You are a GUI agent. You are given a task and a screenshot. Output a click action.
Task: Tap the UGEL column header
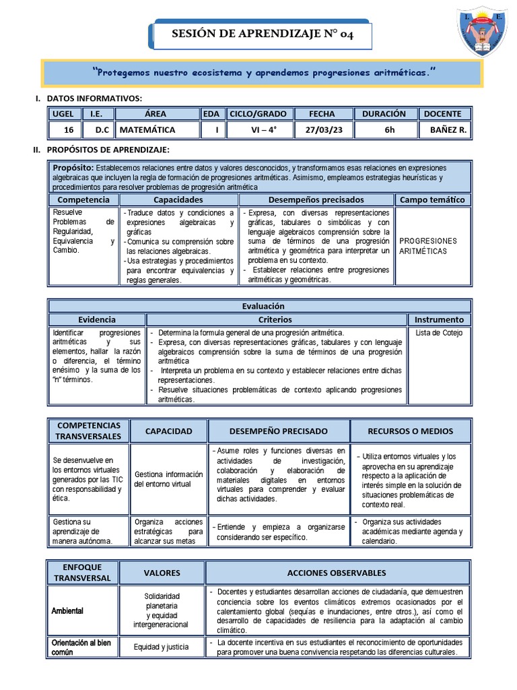63,114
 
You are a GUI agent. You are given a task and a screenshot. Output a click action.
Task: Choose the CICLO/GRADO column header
258,114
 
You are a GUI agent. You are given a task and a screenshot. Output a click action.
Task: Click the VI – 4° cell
258,130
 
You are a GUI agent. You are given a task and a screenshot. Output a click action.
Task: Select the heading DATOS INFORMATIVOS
94,98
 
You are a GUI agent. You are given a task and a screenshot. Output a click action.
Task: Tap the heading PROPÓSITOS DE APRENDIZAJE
107,149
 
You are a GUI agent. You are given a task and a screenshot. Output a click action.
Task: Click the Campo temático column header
432,200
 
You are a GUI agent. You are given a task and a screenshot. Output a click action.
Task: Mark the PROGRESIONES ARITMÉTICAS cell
428,246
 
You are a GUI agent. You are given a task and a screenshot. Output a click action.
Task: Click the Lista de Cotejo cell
439,333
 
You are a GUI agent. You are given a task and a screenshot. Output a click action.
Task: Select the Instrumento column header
439,319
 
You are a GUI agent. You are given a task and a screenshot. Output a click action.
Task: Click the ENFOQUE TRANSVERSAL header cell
82,573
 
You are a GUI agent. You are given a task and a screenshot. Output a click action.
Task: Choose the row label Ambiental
68,610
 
